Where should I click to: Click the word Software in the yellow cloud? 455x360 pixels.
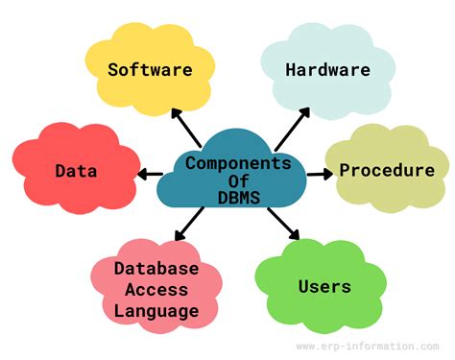click(150, 69)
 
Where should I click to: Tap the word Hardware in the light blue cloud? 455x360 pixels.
click(327, 69)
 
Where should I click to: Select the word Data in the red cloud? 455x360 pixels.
click(76, 172)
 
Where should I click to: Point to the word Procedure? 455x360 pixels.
click(388, 171)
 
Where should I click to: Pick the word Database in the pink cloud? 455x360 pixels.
click(156, 268)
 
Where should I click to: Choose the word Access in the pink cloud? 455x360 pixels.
click(156, 289)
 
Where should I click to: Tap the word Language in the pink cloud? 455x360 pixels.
click(156, 310)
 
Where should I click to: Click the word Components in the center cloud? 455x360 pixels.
click(237, 162)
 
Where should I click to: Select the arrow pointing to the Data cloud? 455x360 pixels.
click(150, 175)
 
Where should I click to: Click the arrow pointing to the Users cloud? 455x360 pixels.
click(282, 223)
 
